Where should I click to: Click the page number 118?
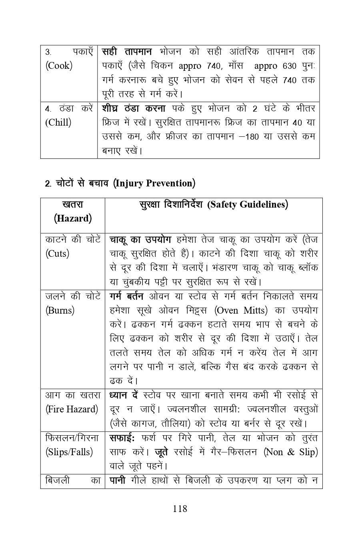click(180, 509)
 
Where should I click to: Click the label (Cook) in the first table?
click(58, 66)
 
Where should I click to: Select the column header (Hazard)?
click(73, 219)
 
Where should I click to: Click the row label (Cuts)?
click(57, 254)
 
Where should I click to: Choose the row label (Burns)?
click(60, 310)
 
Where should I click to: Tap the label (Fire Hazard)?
click(72, 409)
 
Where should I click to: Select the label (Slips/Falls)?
click(69, 452)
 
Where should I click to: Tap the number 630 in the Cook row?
click(289, 66)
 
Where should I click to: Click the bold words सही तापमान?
click(127, 52)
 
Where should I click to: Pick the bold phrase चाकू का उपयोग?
click(140, 240)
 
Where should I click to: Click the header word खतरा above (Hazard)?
click(73, 204)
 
